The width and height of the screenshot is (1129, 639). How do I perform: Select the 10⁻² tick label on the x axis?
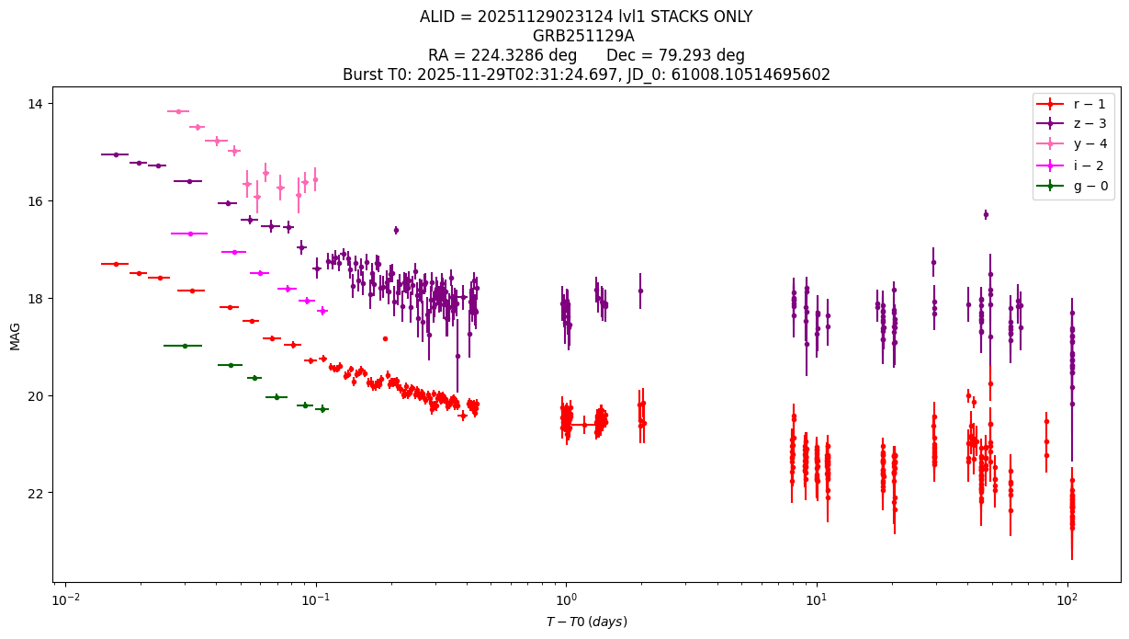point(66,599)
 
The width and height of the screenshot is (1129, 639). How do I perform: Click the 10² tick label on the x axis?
point(1067,599)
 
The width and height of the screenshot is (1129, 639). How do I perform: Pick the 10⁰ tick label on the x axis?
point(566,599)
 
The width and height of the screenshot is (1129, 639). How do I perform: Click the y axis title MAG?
point(15,337)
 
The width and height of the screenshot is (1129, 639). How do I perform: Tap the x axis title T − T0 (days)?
point(587,622)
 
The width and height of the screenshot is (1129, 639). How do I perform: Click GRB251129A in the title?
point(583,36)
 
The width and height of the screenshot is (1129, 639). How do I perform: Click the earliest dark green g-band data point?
point(185,346)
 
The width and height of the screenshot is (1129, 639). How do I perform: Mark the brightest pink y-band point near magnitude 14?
point(178,111)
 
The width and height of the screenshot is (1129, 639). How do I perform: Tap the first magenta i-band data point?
point(190,234)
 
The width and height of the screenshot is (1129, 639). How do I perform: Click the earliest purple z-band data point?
point(116,154)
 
